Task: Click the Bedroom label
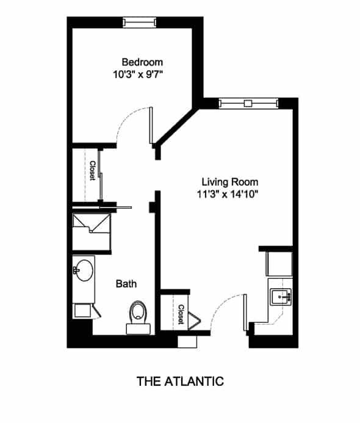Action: click(x=142, y=62)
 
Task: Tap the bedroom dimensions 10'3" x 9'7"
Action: click(x=139, y=74)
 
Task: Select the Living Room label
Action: click(x=230, y=182)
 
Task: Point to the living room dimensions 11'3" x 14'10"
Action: click(x=228, y=194)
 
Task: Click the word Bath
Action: click(x=126, y=284)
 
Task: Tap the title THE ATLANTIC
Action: click(x=180, y=381)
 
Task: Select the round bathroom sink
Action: click(x=84, y=270)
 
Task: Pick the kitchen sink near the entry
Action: click(x=281, y=297)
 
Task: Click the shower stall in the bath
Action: click(x=92, y=232)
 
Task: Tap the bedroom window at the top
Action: click(x=139, y=23)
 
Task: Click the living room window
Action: click(x=248, y=104)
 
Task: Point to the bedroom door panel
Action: click(x=151, y=126)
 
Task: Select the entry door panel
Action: click(x=245, y=312)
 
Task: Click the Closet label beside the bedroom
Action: click(x=92, y=170)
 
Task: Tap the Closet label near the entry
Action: click(x=181, y=314)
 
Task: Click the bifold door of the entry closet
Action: click(x=195, y=321)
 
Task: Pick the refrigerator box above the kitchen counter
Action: click(x=279, y=264)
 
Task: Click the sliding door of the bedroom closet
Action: click(x=100, y=175)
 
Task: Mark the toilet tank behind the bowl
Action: click(x=139, y=329)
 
